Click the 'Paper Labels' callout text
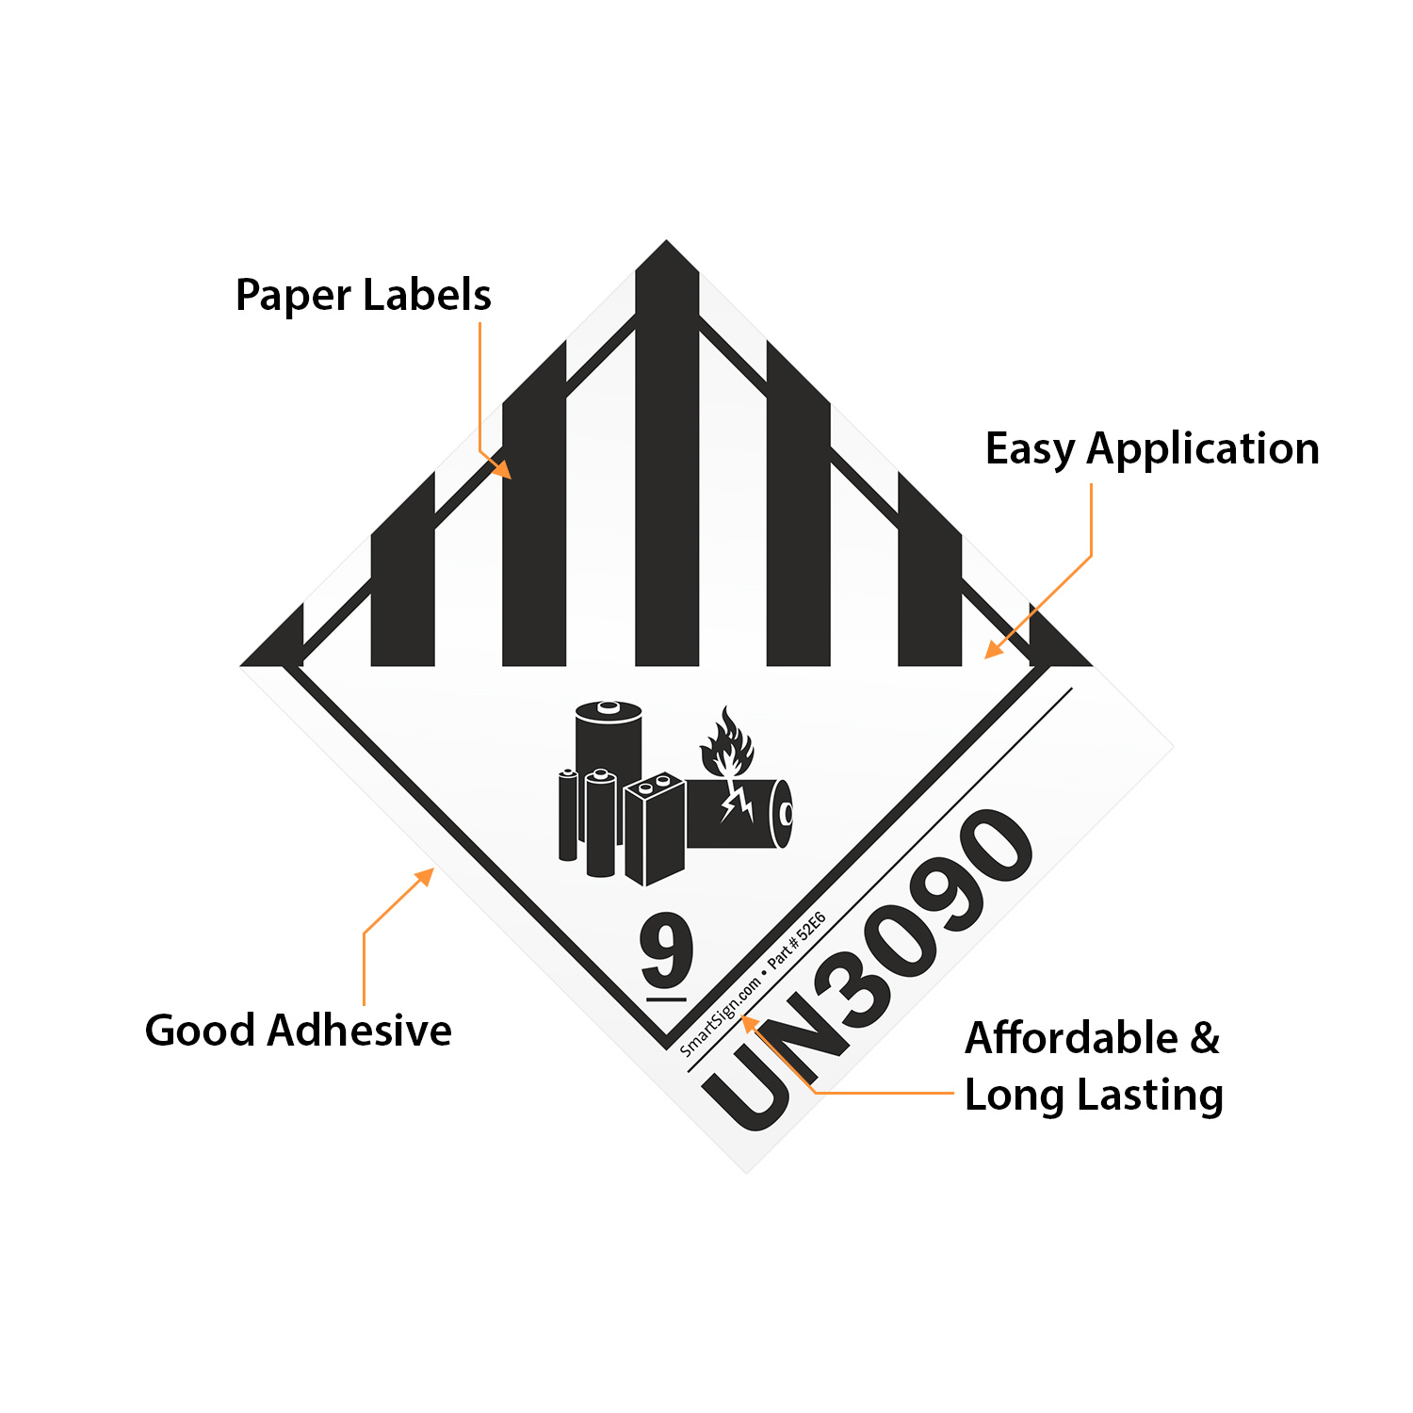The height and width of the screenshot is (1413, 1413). [x=363, y=295]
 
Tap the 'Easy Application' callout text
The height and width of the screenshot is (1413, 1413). [x=1151, y=448]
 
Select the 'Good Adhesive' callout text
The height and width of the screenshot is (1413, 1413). [x=298, y=1030]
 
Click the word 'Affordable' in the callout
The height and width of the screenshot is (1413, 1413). [x=1071, y=1038]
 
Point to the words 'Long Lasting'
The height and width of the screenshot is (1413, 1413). [x=1094, y=1095]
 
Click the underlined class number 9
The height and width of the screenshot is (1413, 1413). [x=666, y=950]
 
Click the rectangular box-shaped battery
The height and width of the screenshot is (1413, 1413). [x=654, y=829]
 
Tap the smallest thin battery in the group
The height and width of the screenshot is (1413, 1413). [x=568, y=815]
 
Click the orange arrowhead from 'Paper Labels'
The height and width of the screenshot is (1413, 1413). [x=503, y=469]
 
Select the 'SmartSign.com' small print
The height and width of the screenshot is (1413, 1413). [x=720, y=1016]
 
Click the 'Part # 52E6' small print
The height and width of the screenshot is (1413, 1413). [x=797, y=939]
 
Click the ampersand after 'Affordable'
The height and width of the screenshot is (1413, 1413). [x=1205, y=1038]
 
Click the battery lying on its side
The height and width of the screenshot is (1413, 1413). [x=739, y=813]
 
